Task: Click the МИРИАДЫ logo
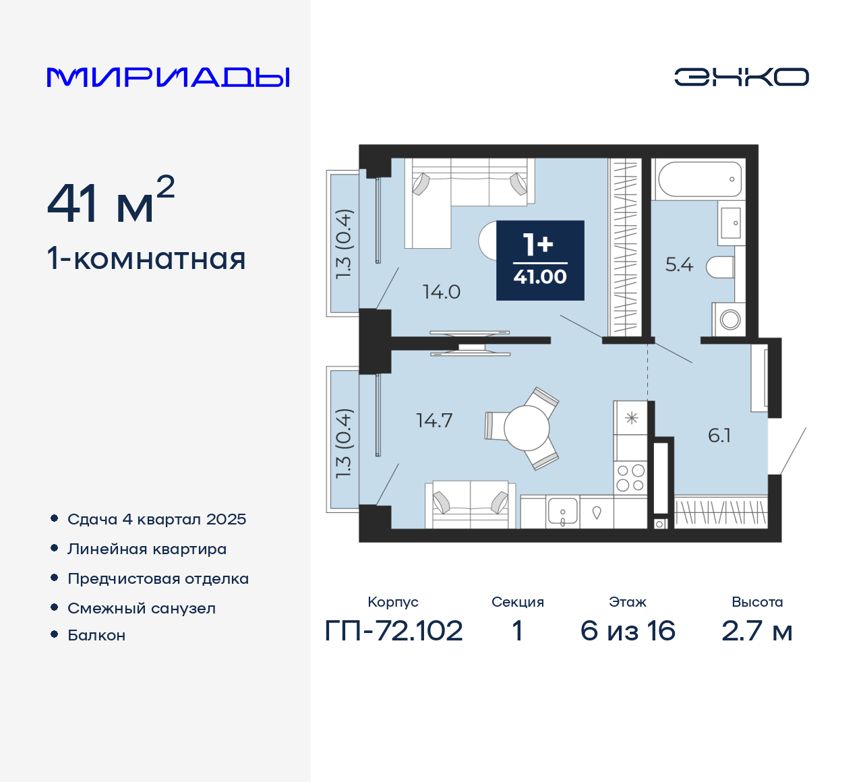[168, 78]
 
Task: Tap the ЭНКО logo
[741, 77]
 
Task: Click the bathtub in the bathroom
[698, 179]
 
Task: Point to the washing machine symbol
[730, 319]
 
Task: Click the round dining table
[527, 428]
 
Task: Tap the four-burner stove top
[630, 478]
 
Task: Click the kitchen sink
[563, 512]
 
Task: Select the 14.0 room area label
[441, 292]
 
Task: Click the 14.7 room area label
[434, 421]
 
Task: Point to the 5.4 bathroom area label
[679, 265]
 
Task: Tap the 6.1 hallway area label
[719, 435]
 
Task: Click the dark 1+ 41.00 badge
[540, 260]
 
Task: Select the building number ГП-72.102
[394, 631]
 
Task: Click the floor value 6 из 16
[628, 631]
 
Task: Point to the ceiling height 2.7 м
[756, 631]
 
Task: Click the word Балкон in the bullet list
[96, 636]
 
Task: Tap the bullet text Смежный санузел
[142, 608]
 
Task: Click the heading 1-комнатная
[146, 259]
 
